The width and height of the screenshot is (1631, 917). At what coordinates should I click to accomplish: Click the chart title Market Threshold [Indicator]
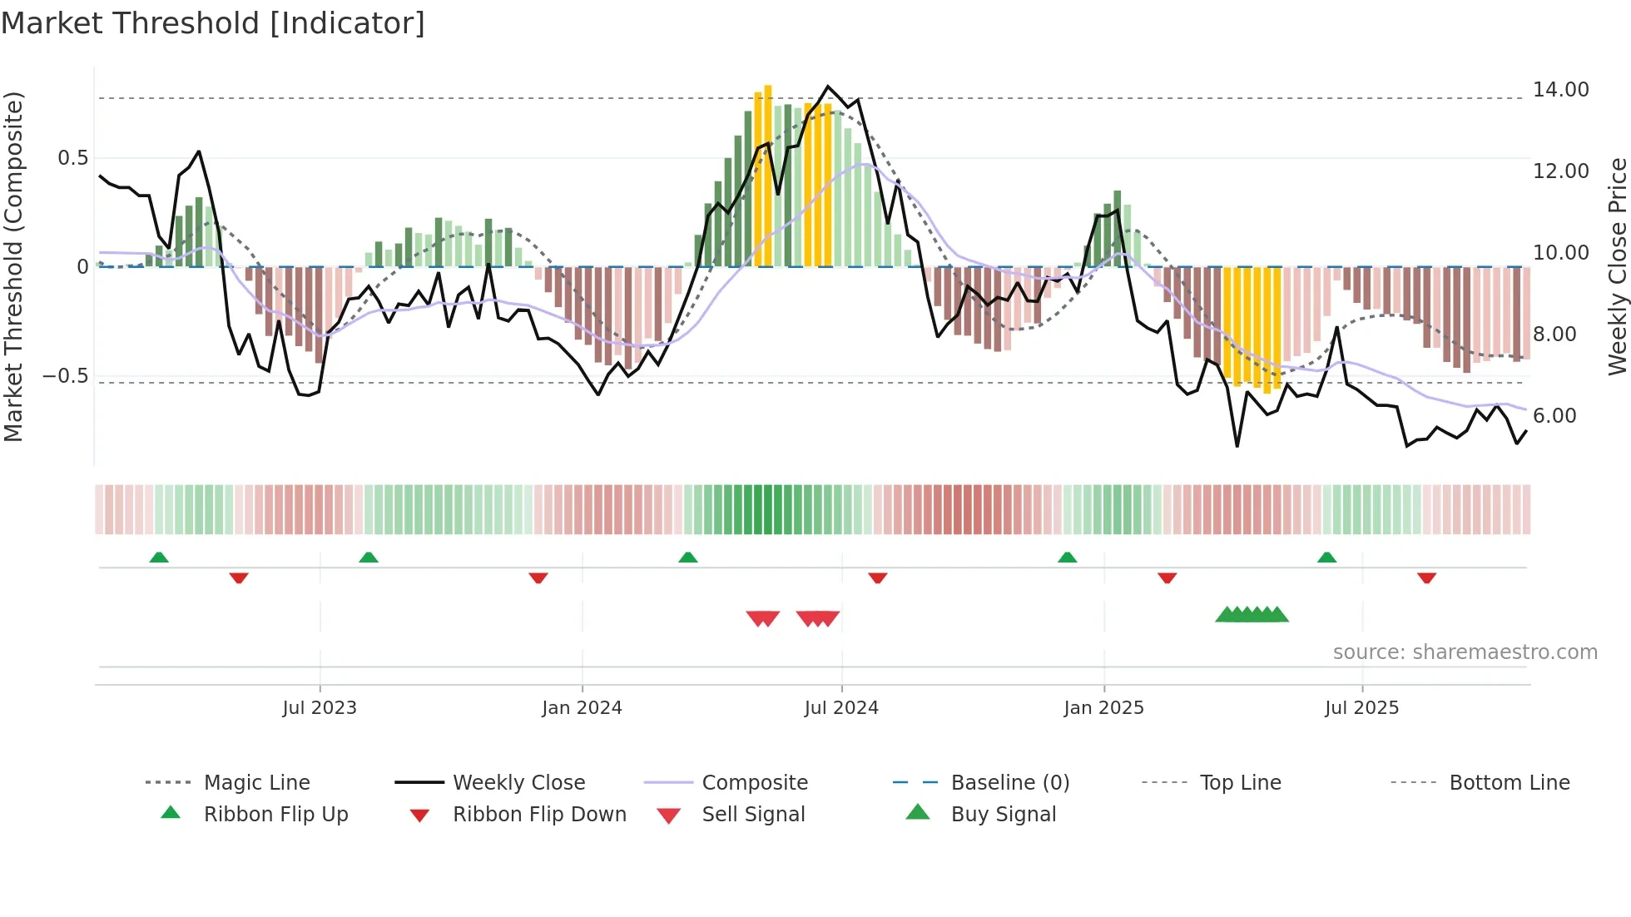213,23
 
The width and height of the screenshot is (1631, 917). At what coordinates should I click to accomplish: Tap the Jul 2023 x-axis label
320,708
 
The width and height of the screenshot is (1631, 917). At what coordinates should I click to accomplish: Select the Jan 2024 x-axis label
582,708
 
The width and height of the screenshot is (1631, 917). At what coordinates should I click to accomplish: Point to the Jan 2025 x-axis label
1103,708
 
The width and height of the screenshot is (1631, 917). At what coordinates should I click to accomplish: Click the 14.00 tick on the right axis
1560,90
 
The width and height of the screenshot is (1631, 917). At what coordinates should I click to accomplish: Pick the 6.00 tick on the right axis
1554,416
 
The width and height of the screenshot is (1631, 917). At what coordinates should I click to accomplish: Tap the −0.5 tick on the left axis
66,376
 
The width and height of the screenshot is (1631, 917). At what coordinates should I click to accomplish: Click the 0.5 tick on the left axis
72,158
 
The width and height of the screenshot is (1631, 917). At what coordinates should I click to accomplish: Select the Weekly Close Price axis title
1617,266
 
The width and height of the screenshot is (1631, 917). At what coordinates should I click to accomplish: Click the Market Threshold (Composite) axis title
13,266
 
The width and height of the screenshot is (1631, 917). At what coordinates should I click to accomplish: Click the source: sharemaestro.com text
1465,652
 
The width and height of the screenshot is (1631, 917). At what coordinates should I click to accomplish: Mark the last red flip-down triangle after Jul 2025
1426,577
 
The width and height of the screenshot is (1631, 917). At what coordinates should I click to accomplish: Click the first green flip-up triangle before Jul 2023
159,557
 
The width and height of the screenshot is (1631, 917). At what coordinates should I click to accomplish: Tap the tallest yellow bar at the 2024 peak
768,175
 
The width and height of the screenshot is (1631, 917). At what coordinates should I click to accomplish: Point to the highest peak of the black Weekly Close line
827,87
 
